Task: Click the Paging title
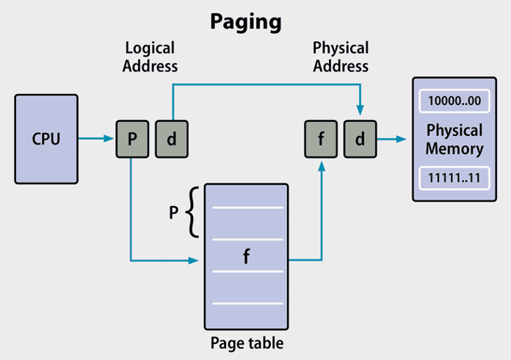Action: coord(245,22)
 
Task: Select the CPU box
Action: coord(46,138)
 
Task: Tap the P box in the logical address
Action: coord(131,139)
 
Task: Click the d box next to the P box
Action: coord(171,139)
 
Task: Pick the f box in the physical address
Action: coord(320,139)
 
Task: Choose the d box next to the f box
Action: coord(360,139)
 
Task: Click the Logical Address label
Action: coord(151,57)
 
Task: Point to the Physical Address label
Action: coord(340,57)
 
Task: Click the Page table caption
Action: coord(246,342)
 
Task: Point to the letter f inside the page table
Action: coord(246,259)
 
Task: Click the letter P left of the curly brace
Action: coord(174,213)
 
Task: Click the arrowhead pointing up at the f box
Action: coord(321,166)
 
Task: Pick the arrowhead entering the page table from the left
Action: coord(195,260)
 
